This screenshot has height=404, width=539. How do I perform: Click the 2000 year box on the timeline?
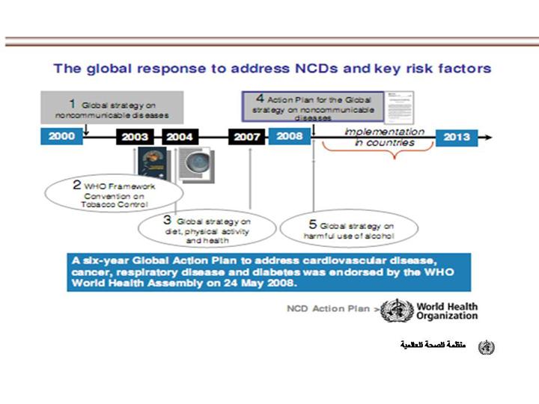click(61, 137)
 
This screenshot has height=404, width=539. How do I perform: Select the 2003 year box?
click(135, 138)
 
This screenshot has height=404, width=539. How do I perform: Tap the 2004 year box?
click(179, 138)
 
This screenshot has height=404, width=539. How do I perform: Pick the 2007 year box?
click(246, 138)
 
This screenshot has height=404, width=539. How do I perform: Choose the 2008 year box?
click(289, 137)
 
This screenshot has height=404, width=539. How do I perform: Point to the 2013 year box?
click(457, 137)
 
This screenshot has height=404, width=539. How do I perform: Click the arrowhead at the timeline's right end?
click(487, 138)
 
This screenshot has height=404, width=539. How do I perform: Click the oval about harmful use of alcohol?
click(348, 230)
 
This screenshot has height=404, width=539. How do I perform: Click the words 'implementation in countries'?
click(384, 138)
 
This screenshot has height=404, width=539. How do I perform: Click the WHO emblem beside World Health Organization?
click(396, 310)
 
